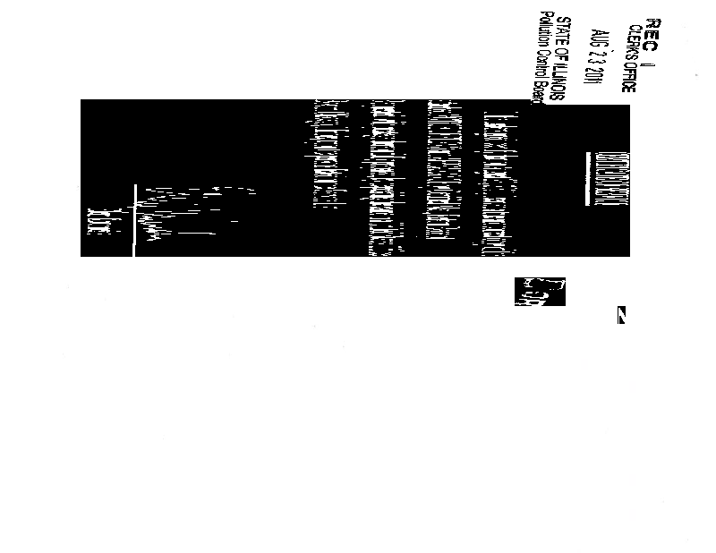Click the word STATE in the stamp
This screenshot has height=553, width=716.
(x=564, y=33)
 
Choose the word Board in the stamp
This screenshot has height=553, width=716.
(x=542, y=93)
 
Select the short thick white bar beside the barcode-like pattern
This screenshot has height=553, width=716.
(x=587, y=178)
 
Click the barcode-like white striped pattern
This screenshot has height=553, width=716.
(x=612, y=178)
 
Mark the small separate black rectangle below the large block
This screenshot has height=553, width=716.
(x=540, y=291)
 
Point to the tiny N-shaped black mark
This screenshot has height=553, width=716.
(x=621, y=315)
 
